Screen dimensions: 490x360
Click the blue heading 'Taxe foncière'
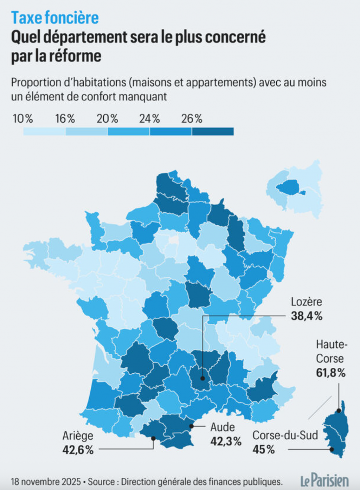tap(55, 18)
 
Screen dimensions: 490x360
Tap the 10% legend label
tap(23, 119)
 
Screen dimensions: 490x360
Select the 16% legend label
tap(65, 119)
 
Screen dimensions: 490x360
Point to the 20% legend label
tap(107, 119)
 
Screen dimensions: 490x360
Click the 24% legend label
tap(149, 119)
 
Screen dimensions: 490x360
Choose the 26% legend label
tap(192, 119)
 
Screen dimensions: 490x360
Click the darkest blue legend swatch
tap(213, 131)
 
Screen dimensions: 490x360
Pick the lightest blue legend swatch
tap(44, 131)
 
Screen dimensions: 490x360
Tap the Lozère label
tap(306, 302)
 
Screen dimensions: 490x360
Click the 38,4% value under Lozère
tap(307, 316)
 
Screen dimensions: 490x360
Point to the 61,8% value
tap(330, 372)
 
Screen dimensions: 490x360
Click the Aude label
tap(223, 427)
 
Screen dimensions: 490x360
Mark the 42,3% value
tap(226, 441)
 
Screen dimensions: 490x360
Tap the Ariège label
tap(78, 436)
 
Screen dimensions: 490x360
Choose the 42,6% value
tap(78, 450)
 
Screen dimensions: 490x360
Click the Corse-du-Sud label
tap(285, 435)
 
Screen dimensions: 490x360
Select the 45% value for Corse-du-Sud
tap(264, 449)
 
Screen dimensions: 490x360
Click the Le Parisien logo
tap(324, 481)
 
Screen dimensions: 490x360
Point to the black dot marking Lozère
tap(202, 379)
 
